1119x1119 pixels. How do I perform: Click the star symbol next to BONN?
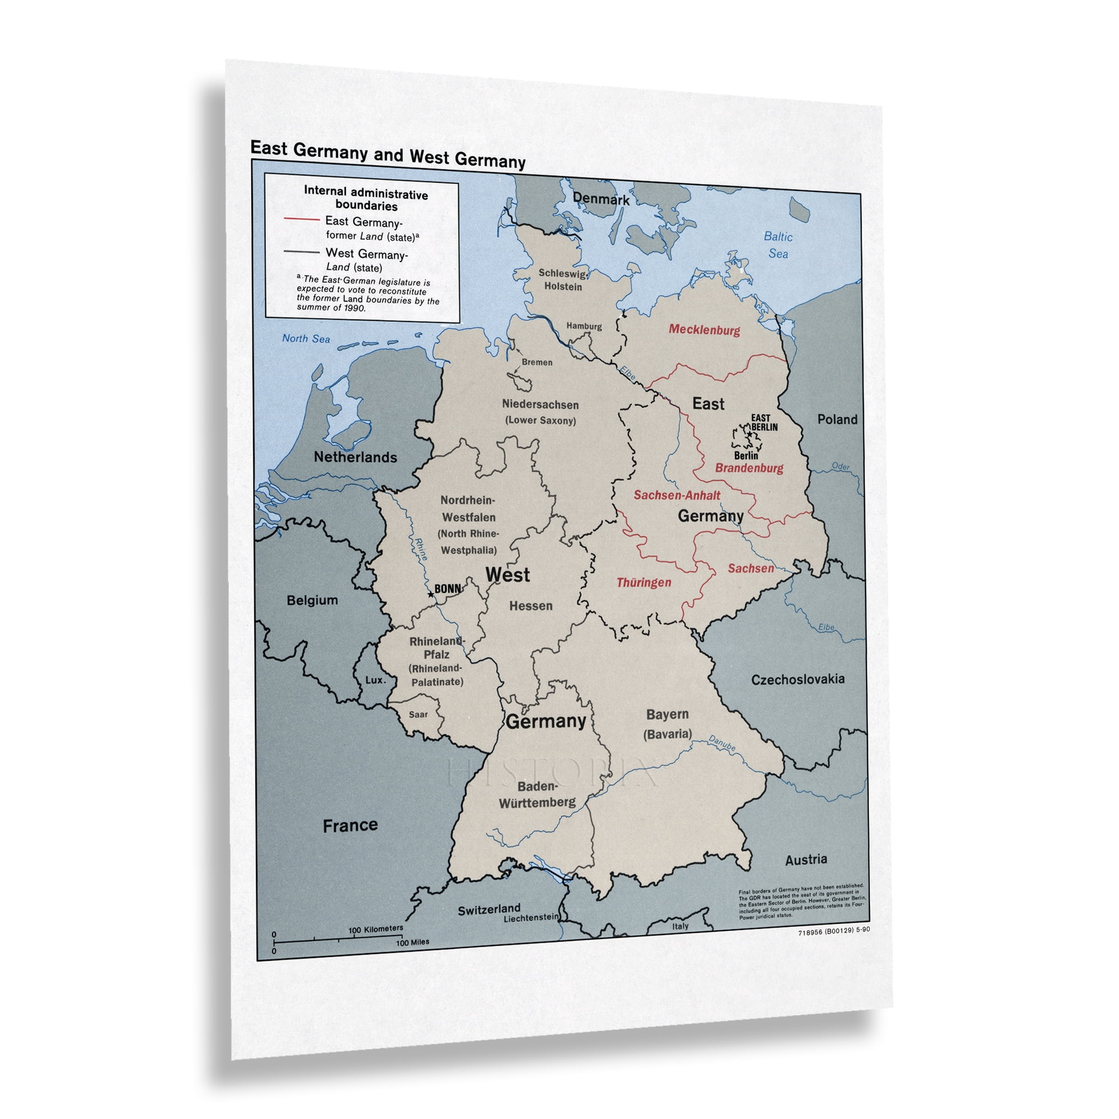(430, 595)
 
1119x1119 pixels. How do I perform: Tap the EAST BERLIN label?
(763, 423)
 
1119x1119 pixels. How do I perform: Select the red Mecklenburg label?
(704, 330)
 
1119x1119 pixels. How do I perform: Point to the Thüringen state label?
(643, 582)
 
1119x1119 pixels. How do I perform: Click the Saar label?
(418, 714)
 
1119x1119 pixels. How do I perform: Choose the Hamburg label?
(584, 327)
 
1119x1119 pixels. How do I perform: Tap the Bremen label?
(537, 363)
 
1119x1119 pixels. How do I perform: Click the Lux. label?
(375, 680)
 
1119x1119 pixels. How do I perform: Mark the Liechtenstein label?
(530, 919)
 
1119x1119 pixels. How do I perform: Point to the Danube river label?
(722, 743)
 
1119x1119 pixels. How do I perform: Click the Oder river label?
(840, 466)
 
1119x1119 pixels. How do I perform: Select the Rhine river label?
(421, 549)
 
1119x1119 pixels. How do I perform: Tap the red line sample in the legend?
(301, 219)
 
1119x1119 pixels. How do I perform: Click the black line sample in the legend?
(301, 252)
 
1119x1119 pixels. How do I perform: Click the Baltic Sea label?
(777, 245)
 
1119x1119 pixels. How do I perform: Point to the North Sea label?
(306, 339)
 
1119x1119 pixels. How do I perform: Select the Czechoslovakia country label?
(797, 679)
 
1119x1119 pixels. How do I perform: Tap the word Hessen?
(530, 606)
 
